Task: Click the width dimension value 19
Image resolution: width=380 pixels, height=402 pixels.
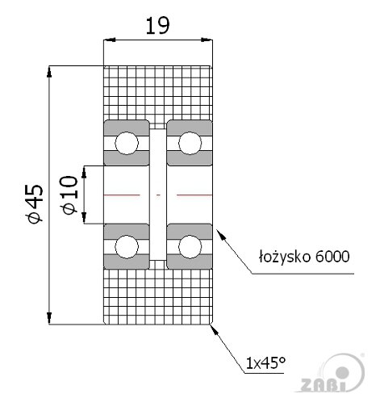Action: tap(158, 26)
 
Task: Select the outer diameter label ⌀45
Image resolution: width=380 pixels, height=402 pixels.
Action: tap(35, 203)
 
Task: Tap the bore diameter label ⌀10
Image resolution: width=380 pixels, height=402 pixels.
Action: tap(70, 195)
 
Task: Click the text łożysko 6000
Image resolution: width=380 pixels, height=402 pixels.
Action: tap(304, 257)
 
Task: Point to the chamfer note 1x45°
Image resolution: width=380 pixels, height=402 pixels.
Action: tap(265, 363)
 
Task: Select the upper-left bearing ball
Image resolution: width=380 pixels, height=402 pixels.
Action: tap(127, 143)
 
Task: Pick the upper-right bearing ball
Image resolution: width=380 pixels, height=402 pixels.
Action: tap(190, 143)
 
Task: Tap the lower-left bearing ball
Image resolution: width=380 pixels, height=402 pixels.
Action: tap(127, 246)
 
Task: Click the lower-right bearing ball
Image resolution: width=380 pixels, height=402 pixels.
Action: tap(190, 246)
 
